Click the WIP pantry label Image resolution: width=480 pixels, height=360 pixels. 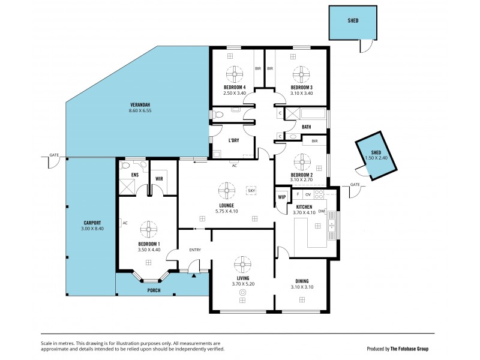281,196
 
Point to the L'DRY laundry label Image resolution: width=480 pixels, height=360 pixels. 234,141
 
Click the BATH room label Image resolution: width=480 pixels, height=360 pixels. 306,127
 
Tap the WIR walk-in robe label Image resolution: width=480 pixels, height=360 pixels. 160,178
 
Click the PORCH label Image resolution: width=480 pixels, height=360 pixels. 154,290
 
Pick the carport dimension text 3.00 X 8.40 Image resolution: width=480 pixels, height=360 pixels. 92,229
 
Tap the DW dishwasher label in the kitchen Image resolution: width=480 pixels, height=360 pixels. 322,211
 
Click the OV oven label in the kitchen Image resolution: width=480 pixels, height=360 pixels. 308,194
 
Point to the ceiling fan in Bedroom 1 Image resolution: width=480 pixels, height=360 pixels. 149,229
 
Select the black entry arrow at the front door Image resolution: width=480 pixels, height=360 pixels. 193,276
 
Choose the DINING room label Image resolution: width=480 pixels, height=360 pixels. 302,281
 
